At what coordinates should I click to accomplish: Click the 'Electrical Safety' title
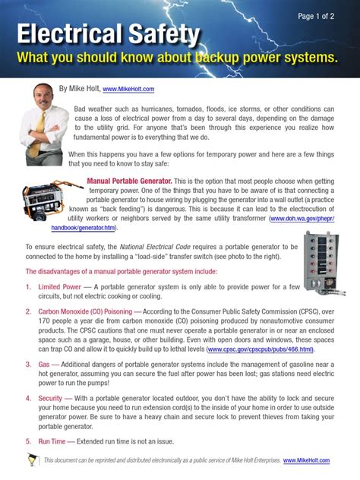[108, 34]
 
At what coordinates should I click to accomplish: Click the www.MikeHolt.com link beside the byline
[128, 89]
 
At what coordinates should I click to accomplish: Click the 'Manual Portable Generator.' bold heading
[129, 182]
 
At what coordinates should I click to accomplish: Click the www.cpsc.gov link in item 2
[260, 349]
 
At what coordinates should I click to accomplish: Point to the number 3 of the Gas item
[28, 365]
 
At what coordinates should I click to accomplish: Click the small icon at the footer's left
[31, 459]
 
